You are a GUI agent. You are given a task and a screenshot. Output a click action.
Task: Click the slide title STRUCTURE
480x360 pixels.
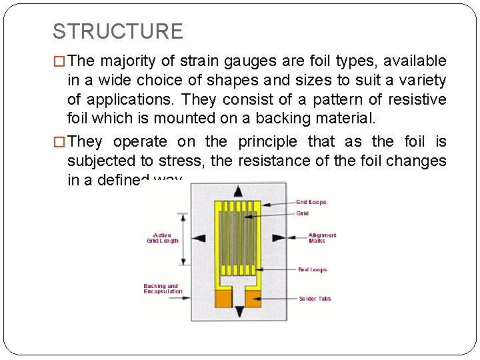click(x=117, y=31)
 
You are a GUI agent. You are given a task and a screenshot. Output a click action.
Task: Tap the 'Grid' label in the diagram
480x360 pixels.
click(x=303, y=214)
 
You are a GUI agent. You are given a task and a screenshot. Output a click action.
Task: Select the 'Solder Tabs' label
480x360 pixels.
click(x=315, y=299)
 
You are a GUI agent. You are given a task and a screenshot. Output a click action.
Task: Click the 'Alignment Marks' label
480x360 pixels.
click(x=322, y=237)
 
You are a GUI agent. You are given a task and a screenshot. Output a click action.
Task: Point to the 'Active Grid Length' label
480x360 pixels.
click(x=162, y=237)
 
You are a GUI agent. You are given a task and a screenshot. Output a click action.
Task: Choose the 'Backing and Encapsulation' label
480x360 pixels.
click(x=163, y=289)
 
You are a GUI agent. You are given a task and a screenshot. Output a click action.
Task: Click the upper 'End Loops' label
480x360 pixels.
click(x=311, y=202)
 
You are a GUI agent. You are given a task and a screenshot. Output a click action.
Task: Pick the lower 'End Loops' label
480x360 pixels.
click(x=312, y=270)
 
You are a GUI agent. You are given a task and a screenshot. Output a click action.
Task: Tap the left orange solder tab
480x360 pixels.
click(x=223, y=299)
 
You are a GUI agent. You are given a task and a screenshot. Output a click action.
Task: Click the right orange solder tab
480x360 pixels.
click(x=254, y=299)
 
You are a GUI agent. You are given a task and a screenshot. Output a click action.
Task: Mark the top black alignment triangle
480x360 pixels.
click(x=239, y=191)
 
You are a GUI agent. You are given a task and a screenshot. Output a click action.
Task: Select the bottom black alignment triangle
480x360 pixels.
click(x=239, y=311)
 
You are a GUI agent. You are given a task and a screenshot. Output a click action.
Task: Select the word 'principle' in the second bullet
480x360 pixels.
click(x=265, y=142)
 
